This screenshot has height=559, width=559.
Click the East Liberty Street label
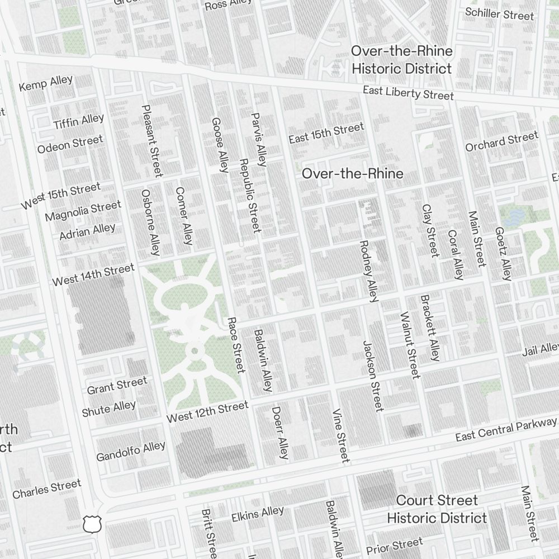pyautogui.click(x=408, y=93)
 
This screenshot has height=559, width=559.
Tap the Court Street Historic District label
pyautogui.click(x=437, y=509)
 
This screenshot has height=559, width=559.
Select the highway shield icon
pyautogui.click(x=91, y=524)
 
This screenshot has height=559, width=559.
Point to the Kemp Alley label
pyautogui.click(x=46, y=83)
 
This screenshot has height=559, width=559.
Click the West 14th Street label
pyautogui.click(x=93, y=275)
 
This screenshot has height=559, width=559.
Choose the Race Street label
pyautogui.click(x=236, y=345)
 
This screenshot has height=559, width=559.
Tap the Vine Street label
pyautogui.click(x=340, y=436)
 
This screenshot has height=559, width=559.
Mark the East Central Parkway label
pyautogui.click(x=506, y=429)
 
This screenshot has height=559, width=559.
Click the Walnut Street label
pyautogui.click(x=410, y=345)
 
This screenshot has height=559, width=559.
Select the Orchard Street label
pyautogui.click(x=501, y=141)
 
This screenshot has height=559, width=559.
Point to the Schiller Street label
pyautogui.click(x=499, y=13)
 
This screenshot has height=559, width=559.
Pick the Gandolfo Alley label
pyautogui.click(x=131, y=452)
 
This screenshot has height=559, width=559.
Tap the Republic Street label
pyautogui.click(x=249, y=195)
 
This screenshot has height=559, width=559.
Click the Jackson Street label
pyautogui.click(x=373, y=376)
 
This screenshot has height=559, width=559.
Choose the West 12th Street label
pyautogui.click(x=207, y=412)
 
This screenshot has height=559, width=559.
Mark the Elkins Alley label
pyautogui.click(x=258, y=514)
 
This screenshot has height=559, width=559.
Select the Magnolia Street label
pyautogui.click(x=83, y=211)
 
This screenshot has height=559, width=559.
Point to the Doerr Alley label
pyautogui.click(x=280, y=433)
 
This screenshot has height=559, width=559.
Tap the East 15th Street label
pyautogui.click(x=326, y=133)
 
